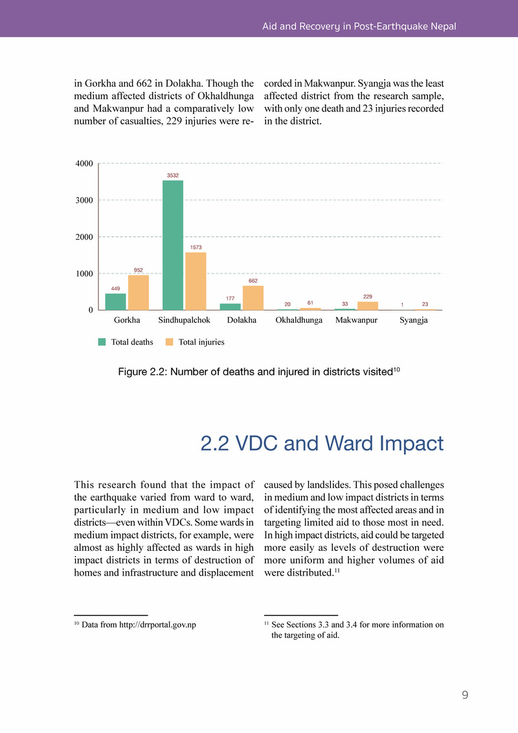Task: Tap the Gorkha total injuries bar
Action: (139, 292)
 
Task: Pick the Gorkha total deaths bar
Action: (116, 301)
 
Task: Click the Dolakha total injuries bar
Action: (253, 297)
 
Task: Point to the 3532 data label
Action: (173, 175)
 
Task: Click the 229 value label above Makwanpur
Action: (368, 296)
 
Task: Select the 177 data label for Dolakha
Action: (230, 298)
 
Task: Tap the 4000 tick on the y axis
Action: (84, 163)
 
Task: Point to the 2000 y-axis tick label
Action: (84, 237)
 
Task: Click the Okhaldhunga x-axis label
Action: (299, 321)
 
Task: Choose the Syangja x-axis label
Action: (414, 321)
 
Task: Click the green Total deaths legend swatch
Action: (102, 342)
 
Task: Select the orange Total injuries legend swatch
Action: (170, 342)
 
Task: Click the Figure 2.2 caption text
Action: (258, 371)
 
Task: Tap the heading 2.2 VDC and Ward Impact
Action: (322, 444)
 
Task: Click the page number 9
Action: (465, 695)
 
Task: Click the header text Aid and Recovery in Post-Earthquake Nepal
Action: (359, 27)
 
